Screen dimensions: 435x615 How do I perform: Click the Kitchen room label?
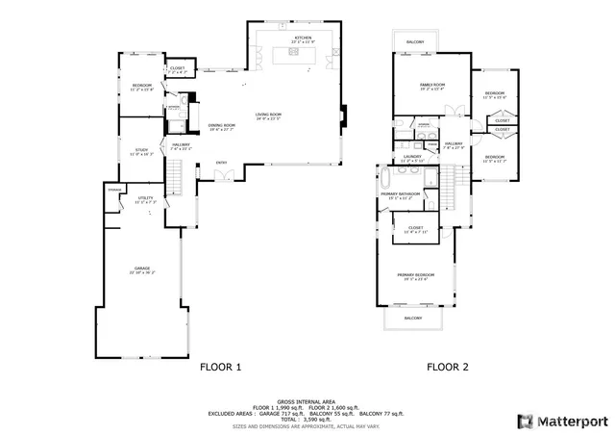click(x=303, y=38)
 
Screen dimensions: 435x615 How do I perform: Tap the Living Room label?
click(x=268, y=116)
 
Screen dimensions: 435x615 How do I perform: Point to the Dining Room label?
click(x=222, y=125)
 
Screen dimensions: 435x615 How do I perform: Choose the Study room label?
click(x=141, y=150)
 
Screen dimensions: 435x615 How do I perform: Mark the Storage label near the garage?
click(x=114, y=191)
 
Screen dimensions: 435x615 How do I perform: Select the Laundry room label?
click(x=412, y=155)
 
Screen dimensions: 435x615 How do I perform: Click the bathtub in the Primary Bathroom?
click(x=385, y=179)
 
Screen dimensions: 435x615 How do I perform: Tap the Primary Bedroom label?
click(x=415, y=276)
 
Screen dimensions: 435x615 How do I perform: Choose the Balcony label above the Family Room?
click(x=415, y=42)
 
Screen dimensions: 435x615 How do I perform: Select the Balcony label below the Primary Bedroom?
click(x=413, y=318)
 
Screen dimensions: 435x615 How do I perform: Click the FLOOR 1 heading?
click(x=220, y=367)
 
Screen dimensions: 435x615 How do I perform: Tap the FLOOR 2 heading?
click(x=448, y=367)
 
